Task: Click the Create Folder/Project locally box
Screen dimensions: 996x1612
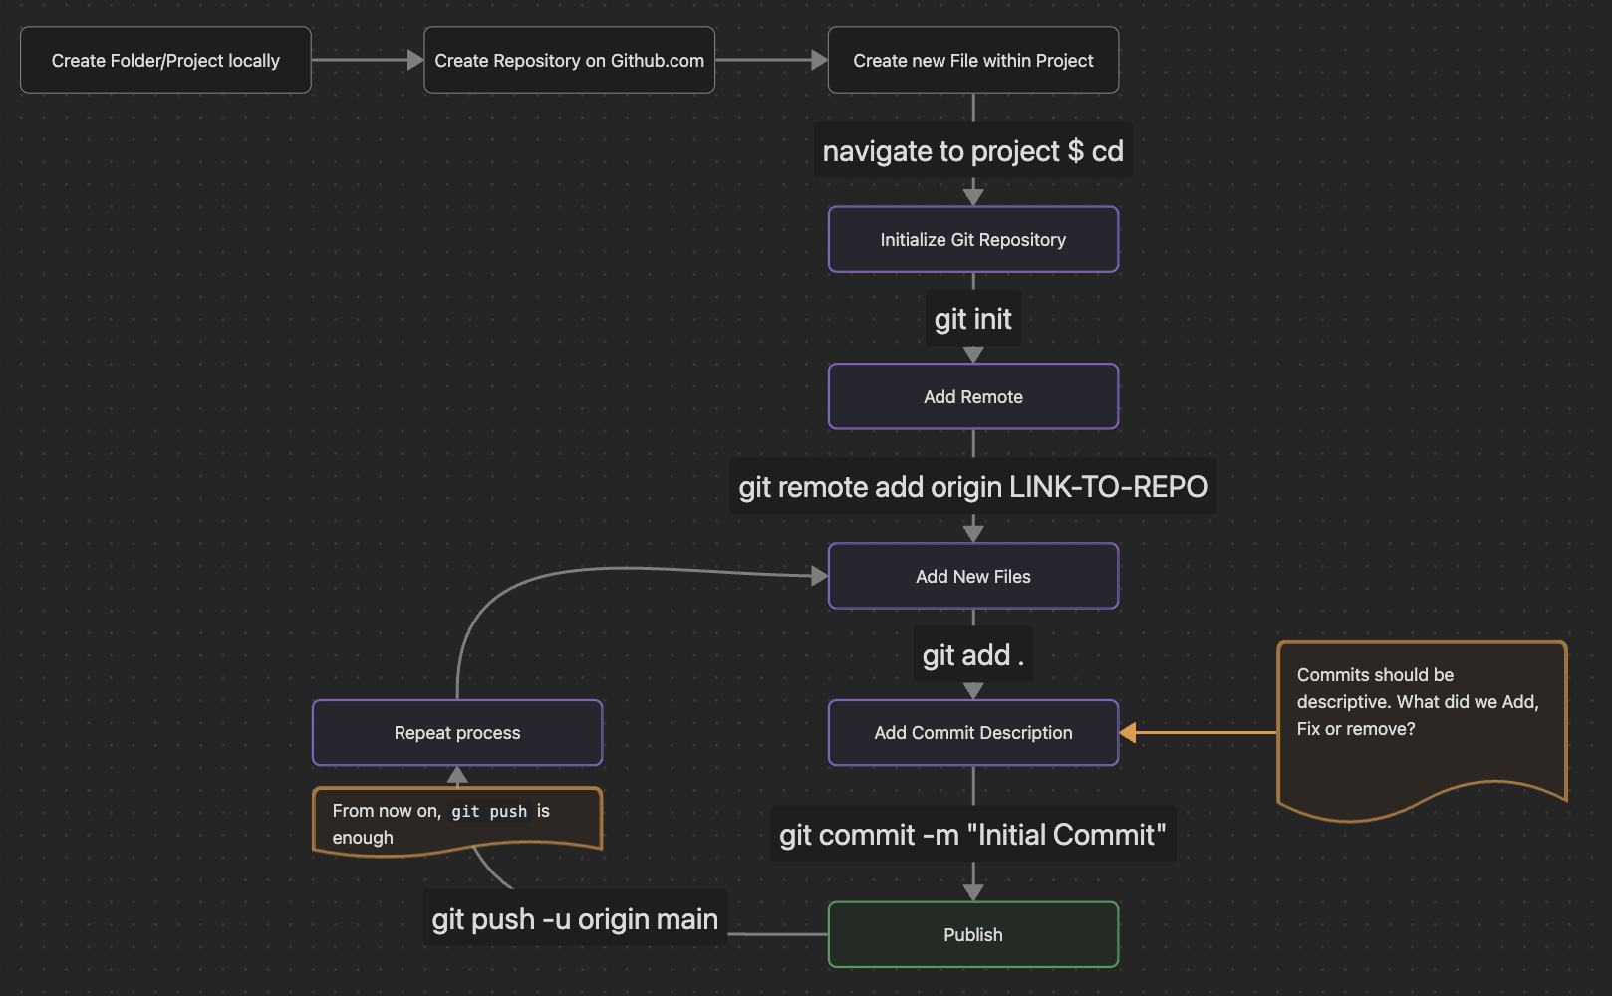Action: pyautogui.click(x=165, y=60)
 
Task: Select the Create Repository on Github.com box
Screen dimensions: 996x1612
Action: pyautogui.click(x=569, y=60)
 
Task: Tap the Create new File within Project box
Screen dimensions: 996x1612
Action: pyautogui.click(x=972, y=60)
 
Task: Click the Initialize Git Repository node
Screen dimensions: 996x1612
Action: pyautogui.click(x=972, y=239)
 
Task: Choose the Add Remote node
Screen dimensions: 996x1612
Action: pyautogui.click(x=972, y=396)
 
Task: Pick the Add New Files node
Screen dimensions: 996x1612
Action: pyautogui.click(x=972, y=576)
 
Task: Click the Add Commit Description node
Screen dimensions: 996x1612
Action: pyautogui.click(x=972, y=733)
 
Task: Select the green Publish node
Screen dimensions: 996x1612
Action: pyautogui.click(x=972, y=934)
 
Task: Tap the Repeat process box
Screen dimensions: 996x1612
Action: pyautogui.click(x=457, y=733)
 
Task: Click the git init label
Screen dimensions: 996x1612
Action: pyautogui.click(x=972, y=319)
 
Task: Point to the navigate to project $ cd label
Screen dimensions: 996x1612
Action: pyautogui.click(x=972, y=151)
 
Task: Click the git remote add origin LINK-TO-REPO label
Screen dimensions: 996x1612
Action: pyautogui.click(x=972, y=487)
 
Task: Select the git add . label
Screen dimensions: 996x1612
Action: pyautogui.click(x=972, y=655)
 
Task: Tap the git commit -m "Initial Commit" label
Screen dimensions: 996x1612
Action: pyautogui.click(x=972, y=835)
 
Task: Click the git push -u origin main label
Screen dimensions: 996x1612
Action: pyautogui.click(x=575, y=919)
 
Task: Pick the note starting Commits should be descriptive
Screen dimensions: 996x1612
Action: pyautogui.click(x=1421, y=717)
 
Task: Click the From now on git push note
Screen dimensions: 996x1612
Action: pyautogui.click(x=457, y=821)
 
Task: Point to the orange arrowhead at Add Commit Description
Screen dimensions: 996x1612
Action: pyautogui.click(x=1128, y=733)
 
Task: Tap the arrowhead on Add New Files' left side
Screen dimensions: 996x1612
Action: pyautogui.click(x=820, y=576)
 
